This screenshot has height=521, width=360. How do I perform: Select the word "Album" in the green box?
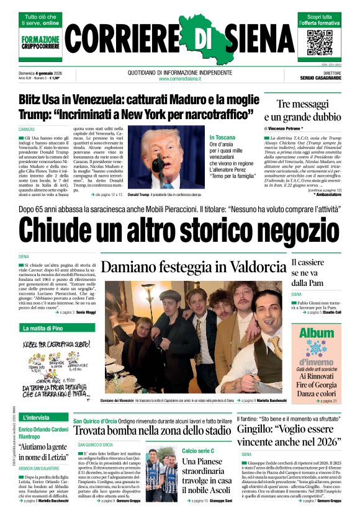[x=316, y=334]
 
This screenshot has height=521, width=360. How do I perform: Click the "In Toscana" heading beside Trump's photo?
[x=222, y=138]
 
